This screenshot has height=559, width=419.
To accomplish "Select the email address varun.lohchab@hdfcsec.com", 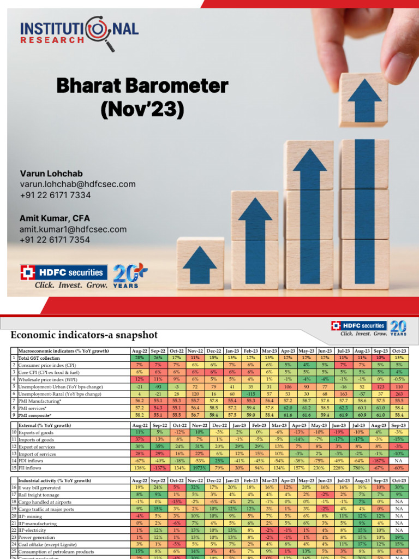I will pyautogui.click(x=77, y=185).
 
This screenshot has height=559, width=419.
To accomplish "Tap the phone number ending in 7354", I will pyautogui.click(x=55, y=240).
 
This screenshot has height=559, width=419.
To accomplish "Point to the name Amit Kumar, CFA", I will pyautogui.click(x=56, y=218).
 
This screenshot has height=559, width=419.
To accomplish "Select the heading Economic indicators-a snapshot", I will pyautogui.click(x=84, y=334).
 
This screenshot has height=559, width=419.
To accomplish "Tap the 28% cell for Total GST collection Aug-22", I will pyautogui.click(x=140, y=357).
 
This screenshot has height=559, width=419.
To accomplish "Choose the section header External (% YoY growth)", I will pyautogui.click(x=45, y=425).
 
